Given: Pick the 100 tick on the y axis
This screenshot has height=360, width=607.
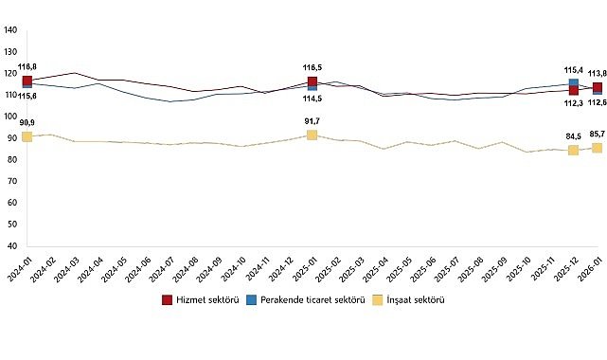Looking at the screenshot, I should tap(10, 117).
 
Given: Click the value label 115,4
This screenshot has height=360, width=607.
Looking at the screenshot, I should tap(573, 70).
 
